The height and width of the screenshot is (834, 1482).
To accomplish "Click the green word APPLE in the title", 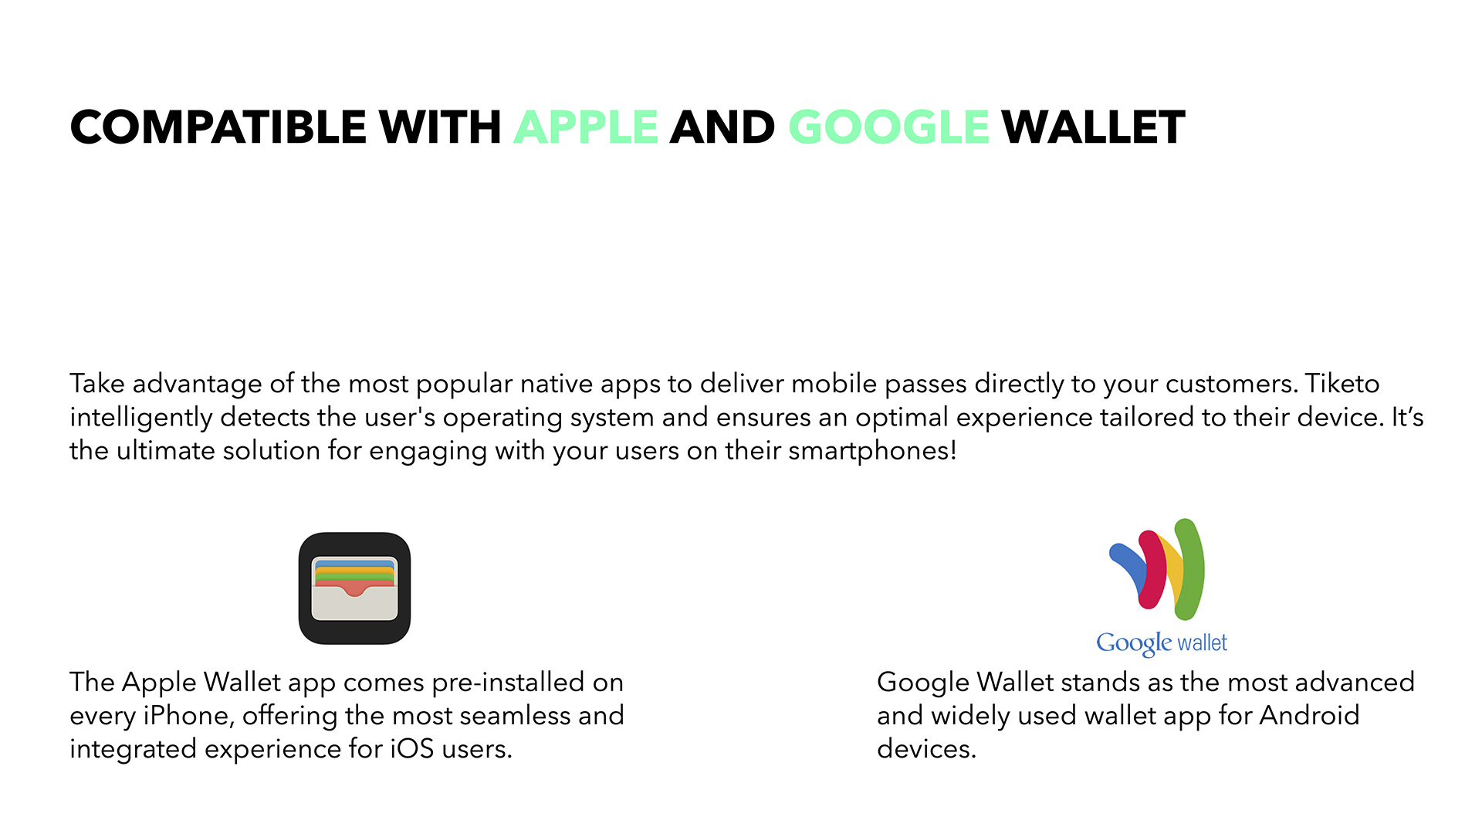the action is (x=586, y=127).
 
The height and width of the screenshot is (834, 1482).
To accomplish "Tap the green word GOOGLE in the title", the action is (x=888, y=127).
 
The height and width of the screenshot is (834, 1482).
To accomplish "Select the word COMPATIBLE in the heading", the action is (x=217, y=127).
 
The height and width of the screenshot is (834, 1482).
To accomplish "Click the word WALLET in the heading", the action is (x=1093, y=127).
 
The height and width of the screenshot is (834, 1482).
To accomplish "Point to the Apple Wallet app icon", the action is (x=354, y=588).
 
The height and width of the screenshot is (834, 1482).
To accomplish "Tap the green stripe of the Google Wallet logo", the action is (x=1189, y=569).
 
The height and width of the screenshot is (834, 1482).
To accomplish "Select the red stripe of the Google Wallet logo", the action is (x=1152, y=569).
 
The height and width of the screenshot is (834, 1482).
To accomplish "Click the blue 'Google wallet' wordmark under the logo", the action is (x=1162, y=643).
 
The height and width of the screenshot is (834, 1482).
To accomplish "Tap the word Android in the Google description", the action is (x=1309, y=716).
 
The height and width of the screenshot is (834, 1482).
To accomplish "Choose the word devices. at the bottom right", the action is (x=926, y=749).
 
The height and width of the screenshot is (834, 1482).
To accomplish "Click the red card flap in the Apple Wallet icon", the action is (x=354, y=588).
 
